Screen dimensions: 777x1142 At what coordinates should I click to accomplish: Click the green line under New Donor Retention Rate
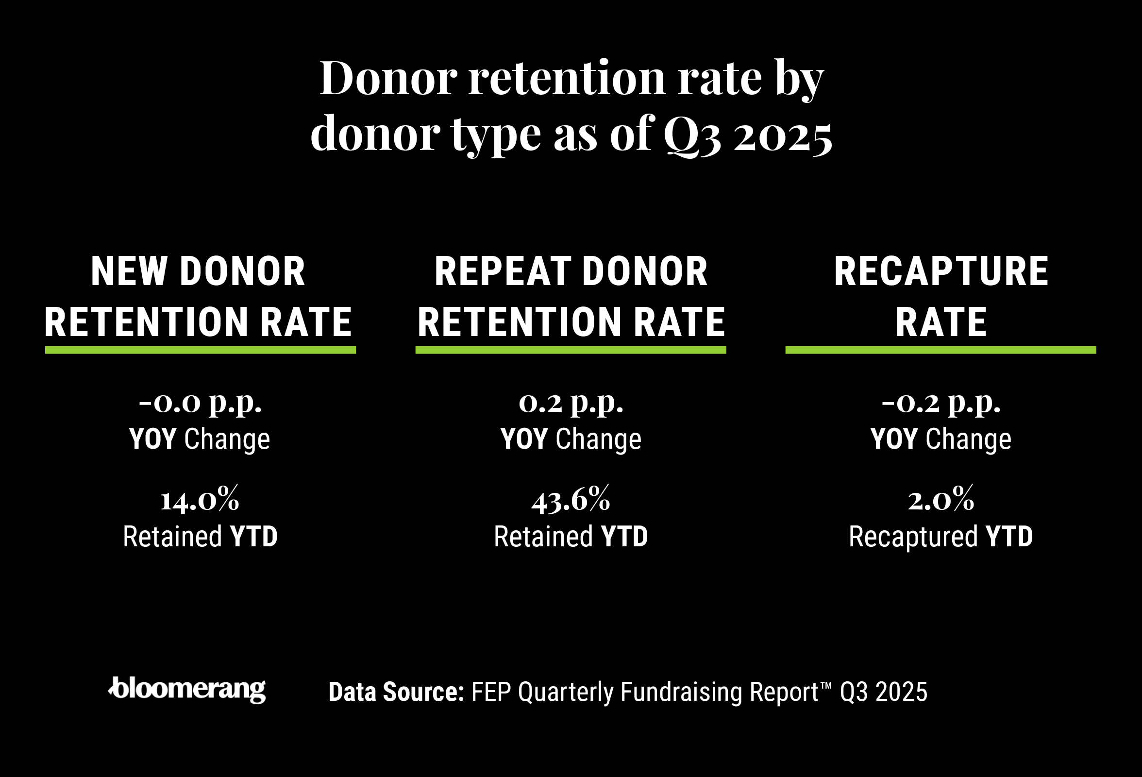point(200,350)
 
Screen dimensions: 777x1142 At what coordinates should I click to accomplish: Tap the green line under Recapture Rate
point(940,350)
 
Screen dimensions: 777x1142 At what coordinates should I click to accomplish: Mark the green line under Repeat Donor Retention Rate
point(571,350)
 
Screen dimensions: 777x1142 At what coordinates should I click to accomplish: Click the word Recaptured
point(913,537)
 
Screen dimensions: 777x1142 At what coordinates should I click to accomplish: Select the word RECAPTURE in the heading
point(941,271)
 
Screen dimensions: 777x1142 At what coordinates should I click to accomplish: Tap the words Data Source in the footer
point(396,692)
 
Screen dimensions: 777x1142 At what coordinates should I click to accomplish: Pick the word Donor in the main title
point(389,79)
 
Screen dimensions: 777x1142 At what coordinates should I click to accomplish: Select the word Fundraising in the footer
point(681,692)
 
